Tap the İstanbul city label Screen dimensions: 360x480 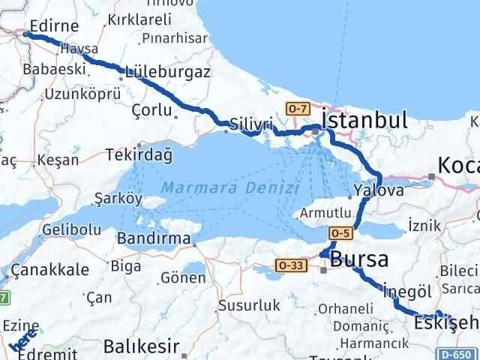click(x=364, y=120)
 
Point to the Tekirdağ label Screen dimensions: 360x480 click(x=139, y=155)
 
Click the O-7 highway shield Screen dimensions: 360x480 click(x=298, y=109)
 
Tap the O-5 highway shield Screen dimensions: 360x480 click(x=340, y=233)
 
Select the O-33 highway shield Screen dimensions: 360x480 click(x=289, y=264)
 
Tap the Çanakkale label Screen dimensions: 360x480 click(x=57, y=270)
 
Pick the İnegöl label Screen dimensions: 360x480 click(x=404, y=290)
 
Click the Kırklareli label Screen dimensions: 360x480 click(x=139, y=20)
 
